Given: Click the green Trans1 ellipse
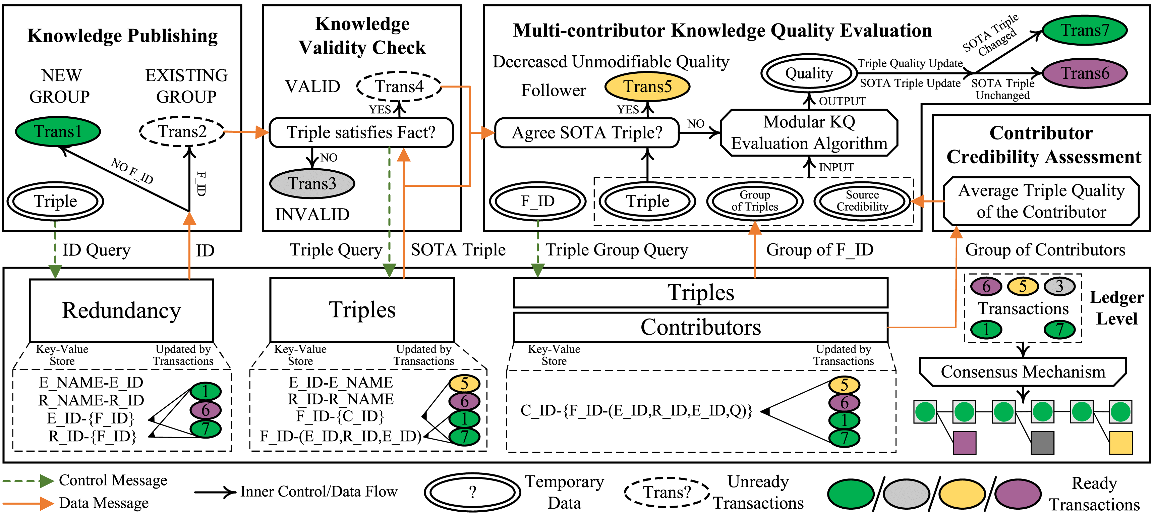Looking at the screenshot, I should point(58,132).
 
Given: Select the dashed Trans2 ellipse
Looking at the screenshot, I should point(182,132).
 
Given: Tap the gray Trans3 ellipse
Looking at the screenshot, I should point(312,184).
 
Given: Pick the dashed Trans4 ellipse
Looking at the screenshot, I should point(399,87).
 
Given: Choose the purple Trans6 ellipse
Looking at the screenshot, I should point(1085,73).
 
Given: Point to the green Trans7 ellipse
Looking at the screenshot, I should point(1085,31).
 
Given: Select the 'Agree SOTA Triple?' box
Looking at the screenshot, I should point(586,133).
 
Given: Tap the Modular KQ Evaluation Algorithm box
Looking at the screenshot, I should point(809,133).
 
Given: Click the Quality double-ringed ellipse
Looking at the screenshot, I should point(809,73).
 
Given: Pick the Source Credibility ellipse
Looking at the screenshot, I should point(862,201).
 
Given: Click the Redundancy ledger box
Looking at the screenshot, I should point(121,310).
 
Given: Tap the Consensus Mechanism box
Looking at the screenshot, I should point(1023,372).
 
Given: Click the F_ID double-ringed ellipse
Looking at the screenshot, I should point(537,201).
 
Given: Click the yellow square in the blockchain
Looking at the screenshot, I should point(1120,443).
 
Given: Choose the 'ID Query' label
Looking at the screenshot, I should point(96,250).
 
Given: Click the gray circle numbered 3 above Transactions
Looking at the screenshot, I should point(1059,286).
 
